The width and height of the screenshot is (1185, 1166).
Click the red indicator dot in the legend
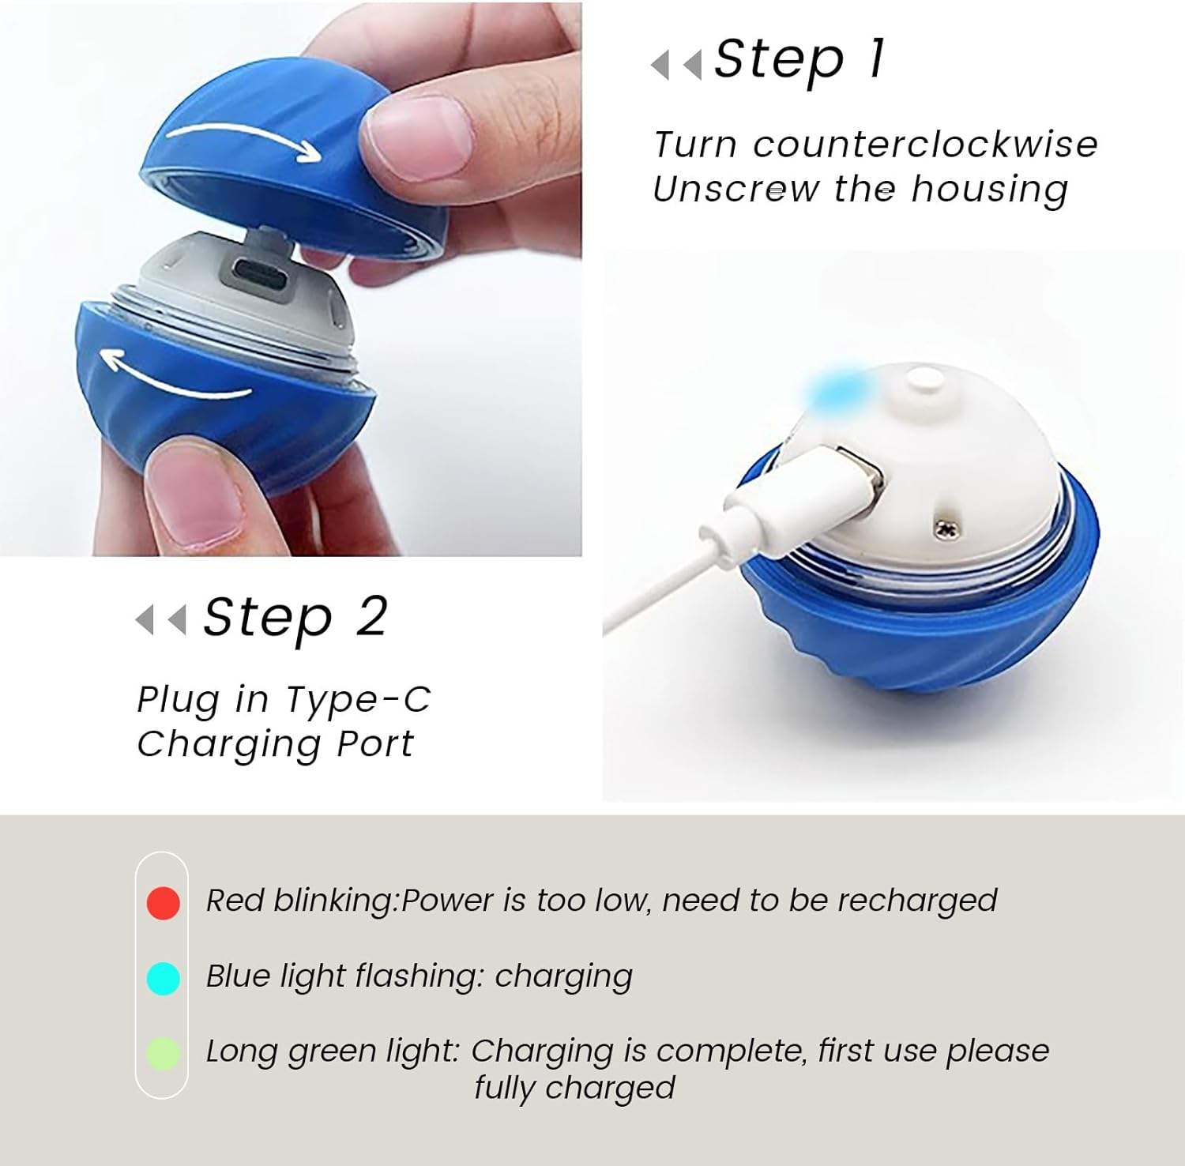(164, 902)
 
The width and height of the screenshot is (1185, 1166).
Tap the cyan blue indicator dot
(164, 978)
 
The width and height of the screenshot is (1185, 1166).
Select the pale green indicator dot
(164, 1054)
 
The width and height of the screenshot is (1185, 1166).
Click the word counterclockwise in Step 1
(925, 145)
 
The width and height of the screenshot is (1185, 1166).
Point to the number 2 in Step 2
(371, 616)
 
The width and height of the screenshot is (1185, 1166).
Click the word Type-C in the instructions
(358, 700)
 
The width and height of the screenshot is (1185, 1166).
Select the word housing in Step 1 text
(989, 190)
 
